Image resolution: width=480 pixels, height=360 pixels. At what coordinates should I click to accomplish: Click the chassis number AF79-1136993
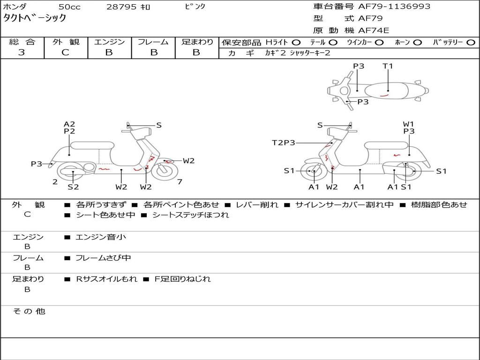coord(388,7)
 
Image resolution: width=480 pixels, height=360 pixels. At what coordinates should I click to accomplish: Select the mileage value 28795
coord(122,7)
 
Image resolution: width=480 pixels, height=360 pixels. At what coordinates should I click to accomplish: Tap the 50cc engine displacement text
coord(69,7)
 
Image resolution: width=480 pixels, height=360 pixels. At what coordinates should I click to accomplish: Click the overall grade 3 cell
coord(22,52)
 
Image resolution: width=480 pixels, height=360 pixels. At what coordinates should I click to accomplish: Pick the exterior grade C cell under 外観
coord(65,52)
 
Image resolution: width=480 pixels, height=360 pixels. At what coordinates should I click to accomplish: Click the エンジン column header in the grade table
coord(109,42)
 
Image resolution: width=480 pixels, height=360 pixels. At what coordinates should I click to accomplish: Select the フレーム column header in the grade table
coord(153,42)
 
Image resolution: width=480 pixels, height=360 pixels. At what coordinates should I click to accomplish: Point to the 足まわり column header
coord(197,42)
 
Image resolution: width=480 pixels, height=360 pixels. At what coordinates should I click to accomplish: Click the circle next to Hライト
coord(296,42)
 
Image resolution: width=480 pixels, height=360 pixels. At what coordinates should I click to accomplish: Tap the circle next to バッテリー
coord(471,42)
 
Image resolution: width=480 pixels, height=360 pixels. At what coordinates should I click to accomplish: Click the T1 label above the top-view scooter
coord(388,66)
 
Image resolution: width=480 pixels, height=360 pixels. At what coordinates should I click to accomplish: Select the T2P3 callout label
coord(283,142)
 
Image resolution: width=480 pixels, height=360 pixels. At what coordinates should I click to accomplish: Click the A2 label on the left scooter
coord(69,124)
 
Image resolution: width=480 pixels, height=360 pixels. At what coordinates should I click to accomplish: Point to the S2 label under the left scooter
coord(73,187)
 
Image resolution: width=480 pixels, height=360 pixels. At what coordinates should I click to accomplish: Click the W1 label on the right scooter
coord(409,124)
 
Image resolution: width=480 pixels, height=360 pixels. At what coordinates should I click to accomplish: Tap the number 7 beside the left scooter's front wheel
coord(180,181)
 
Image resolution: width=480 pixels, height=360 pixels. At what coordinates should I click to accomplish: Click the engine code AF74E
coord(373,30)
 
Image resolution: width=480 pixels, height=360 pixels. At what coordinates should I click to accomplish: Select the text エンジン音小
coord(100,237)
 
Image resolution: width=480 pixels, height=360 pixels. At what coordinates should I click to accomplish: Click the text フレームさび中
coord(103,258)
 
